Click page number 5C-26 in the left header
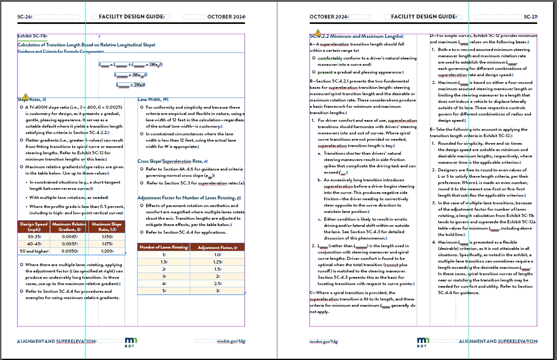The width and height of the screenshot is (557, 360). coord(24,17)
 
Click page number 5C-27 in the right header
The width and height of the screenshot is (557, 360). coord(530,17)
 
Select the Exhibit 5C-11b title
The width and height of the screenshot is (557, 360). coord(32,36)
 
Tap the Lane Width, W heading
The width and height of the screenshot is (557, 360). coord(153,99)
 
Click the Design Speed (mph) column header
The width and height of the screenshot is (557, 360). coord(34,226)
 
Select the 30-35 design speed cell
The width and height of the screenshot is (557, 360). coord(34,236)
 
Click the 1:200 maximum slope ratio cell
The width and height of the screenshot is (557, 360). coord(106,251)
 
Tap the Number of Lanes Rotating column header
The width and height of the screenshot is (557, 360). coord(163,247)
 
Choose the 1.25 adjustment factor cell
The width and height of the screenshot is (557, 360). coord(217,262)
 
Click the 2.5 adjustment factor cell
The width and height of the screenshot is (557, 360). coord(217,283)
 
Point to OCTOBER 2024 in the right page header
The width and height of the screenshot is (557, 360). coord(328,17)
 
